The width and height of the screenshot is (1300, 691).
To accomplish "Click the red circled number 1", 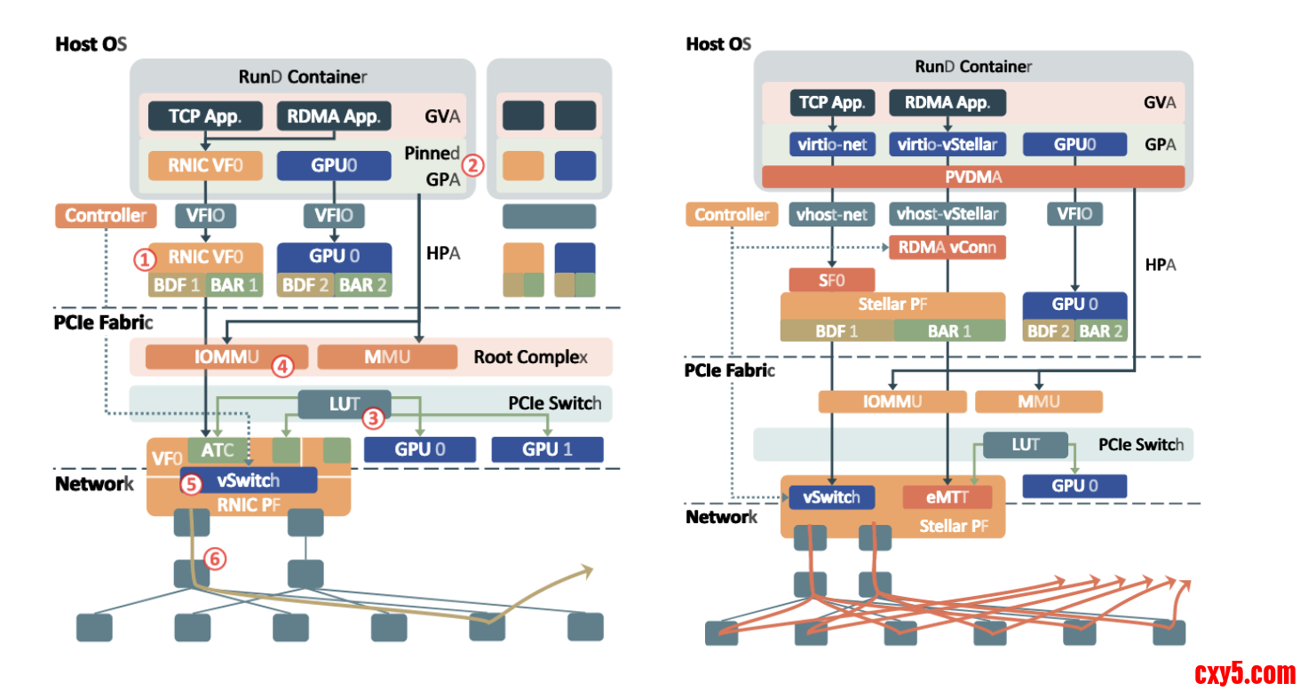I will [144, 259].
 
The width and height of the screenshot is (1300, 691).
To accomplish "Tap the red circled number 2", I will [472, 164].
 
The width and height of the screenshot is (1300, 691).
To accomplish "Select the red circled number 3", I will [373, 417].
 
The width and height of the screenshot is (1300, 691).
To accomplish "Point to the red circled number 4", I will [282, 366].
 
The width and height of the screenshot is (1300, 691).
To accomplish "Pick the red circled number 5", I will [191, 484].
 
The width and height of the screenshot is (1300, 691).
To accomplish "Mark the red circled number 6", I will [214, 559].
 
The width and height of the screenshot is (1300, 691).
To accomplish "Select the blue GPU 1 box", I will [547, 449].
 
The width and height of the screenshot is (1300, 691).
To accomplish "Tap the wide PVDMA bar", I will [973, 177].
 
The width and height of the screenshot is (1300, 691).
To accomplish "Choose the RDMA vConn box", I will [947, 248].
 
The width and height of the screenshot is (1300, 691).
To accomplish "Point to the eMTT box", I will [947, 497].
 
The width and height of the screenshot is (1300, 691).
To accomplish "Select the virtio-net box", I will [832, 144].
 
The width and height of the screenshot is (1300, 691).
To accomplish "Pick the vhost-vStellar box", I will [947, 214].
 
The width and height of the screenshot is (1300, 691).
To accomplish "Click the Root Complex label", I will [530, 357].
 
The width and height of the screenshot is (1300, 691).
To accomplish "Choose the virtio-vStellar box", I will [947, 144].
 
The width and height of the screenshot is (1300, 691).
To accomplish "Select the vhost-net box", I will [832, 214].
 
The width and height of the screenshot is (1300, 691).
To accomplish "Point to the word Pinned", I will [432, 153].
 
